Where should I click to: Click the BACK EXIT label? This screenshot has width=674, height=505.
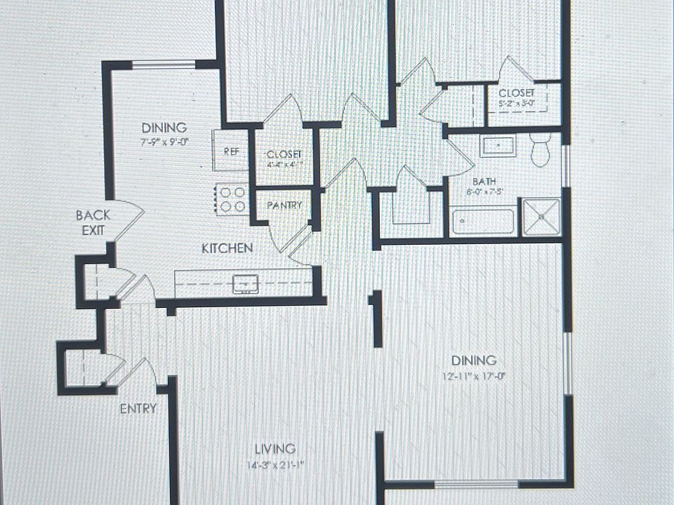[93, 222]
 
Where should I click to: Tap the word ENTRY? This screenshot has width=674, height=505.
[138, 409]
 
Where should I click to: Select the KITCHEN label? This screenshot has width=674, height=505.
[227, 248]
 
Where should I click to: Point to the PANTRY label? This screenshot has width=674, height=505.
[284, 206]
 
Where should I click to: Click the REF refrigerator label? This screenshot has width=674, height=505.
[231, 151]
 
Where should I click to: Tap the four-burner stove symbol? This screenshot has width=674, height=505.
[232, 198]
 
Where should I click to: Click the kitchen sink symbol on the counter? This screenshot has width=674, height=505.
[246, 283]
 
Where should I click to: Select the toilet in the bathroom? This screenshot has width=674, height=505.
[539, 150]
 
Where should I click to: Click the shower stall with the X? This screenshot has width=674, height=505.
[542, 217]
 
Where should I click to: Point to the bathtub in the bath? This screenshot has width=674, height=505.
[483, 221]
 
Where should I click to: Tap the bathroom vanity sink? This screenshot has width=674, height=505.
[498, 146]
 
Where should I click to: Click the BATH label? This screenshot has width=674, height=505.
[484, 180]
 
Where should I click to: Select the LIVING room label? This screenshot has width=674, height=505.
[275, 449]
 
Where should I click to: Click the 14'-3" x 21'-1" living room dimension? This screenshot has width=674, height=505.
[275, 464]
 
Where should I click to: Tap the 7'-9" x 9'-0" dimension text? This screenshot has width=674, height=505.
[164, 140]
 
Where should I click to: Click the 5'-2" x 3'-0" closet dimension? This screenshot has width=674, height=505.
[516, 104]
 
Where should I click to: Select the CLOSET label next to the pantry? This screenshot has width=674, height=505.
[284, 154]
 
